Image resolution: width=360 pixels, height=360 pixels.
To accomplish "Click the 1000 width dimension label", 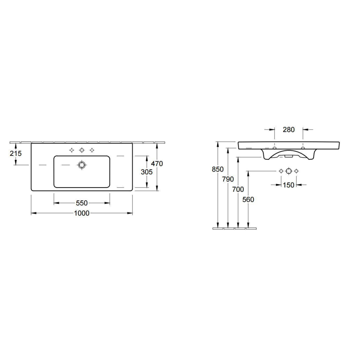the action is pos(82,213).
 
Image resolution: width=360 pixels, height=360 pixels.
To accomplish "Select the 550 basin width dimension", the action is pos(82,203).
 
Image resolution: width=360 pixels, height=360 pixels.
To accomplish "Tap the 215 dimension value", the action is pos(15,153).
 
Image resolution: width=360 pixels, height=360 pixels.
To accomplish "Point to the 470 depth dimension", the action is pos(157,163).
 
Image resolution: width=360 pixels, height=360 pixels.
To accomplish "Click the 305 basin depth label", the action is pos(147,172).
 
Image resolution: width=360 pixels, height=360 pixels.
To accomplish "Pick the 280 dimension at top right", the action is pos(289,130).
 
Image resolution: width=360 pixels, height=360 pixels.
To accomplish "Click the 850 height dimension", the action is pos(218,169).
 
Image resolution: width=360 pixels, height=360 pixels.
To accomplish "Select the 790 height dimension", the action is pos(228,179).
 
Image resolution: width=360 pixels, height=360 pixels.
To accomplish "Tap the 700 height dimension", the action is pos(238,189).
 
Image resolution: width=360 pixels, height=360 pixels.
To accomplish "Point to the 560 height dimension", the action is pos(248,199).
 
